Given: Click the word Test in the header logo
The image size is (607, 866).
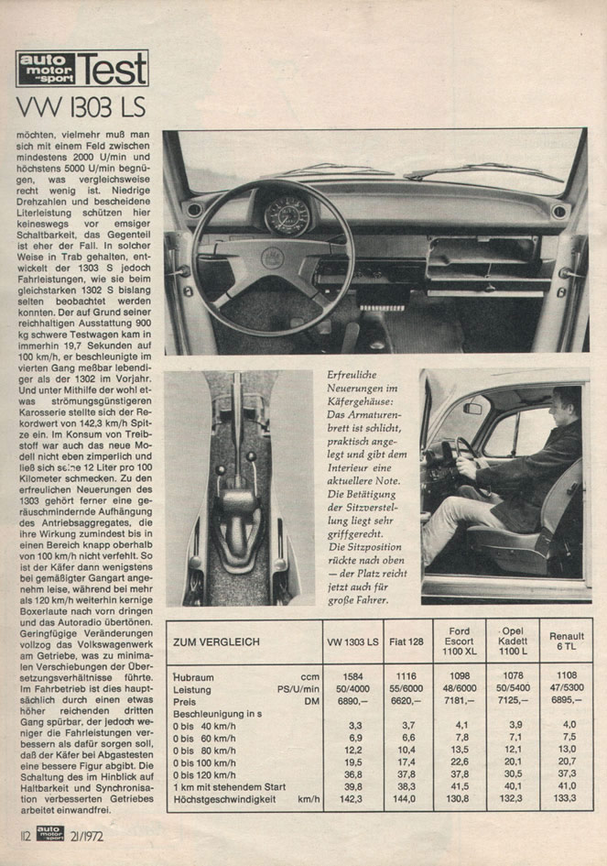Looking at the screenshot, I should (112, 69).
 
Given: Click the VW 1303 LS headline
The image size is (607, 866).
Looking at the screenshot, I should (81, 107).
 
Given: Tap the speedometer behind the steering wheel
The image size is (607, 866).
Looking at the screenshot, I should (287, 216).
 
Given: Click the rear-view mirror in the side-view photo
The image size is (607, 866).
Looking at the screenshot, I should (472, 408).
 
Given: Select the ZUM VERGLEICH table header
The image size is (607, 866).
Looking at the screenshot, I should (216, 641).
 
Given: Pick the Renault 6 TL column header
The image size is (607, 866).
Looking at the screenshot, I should (567, 641).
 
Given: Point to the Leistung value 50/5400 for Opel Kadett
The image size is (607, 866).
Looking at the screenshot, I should (513, 688).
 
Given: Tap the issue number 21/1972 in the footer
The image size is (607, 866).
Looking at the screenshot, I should (95, 834).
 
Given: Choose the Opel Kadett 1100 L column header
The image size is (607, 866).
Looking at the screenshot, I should (513, 641).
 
